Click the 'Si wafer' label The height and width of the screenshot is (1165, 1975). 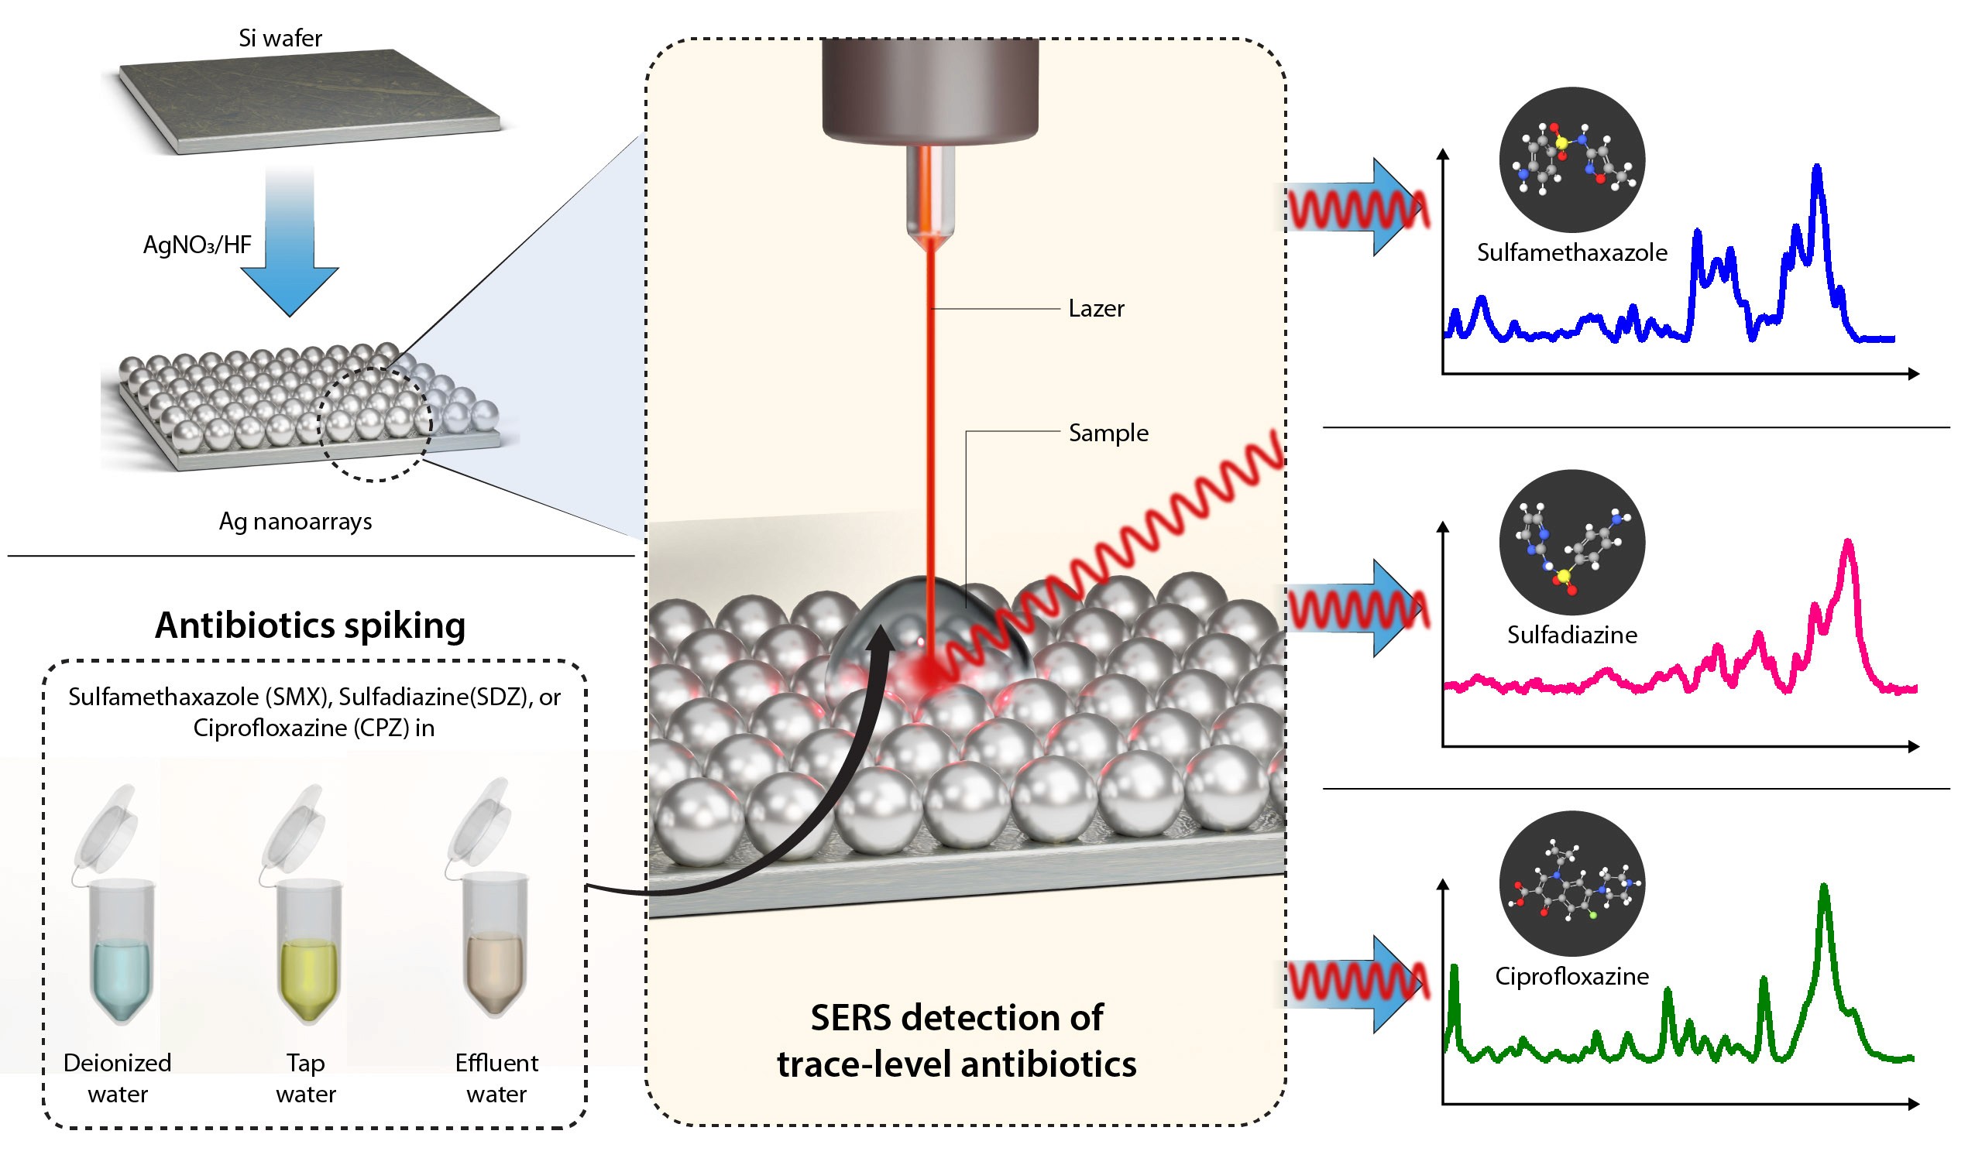pos(280,39)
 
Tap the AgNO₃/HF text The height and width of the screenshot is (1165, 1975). pos(197,245)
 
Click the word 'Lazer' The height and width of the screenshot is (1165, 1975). pos(1097,310)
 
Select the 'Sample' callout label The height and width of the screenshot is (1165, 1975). pos(1109,434)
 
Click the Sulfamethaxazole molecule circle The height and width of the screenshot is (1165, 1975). pos(1573,160)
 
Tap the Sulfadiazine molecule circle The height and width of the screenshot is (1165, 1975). pos(1573,543)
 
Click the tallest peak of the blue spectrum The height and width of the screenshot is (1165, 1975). pos(1817,167)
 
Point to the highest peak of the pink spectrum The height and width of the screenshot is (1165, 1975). pos(1850,543)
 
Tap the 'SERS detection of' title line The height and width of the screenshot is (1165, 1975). pos(957,1019)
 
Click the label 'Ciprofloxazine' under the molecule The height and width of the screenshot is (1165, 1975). pos(1573,978)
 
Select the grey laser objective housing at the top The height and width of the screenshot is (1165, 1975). pos(930,91)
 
